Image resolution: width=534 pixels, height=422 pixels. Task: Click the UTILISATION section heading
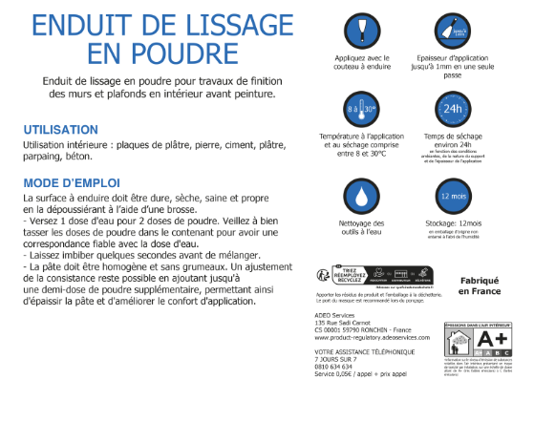[x=61, y=130]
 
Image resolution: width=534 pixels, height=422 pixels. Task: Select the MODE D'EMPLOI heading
[x=72, y=182]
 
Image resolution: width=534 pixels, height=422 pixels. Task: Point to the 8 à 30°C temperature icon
[x=360, y=111]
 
